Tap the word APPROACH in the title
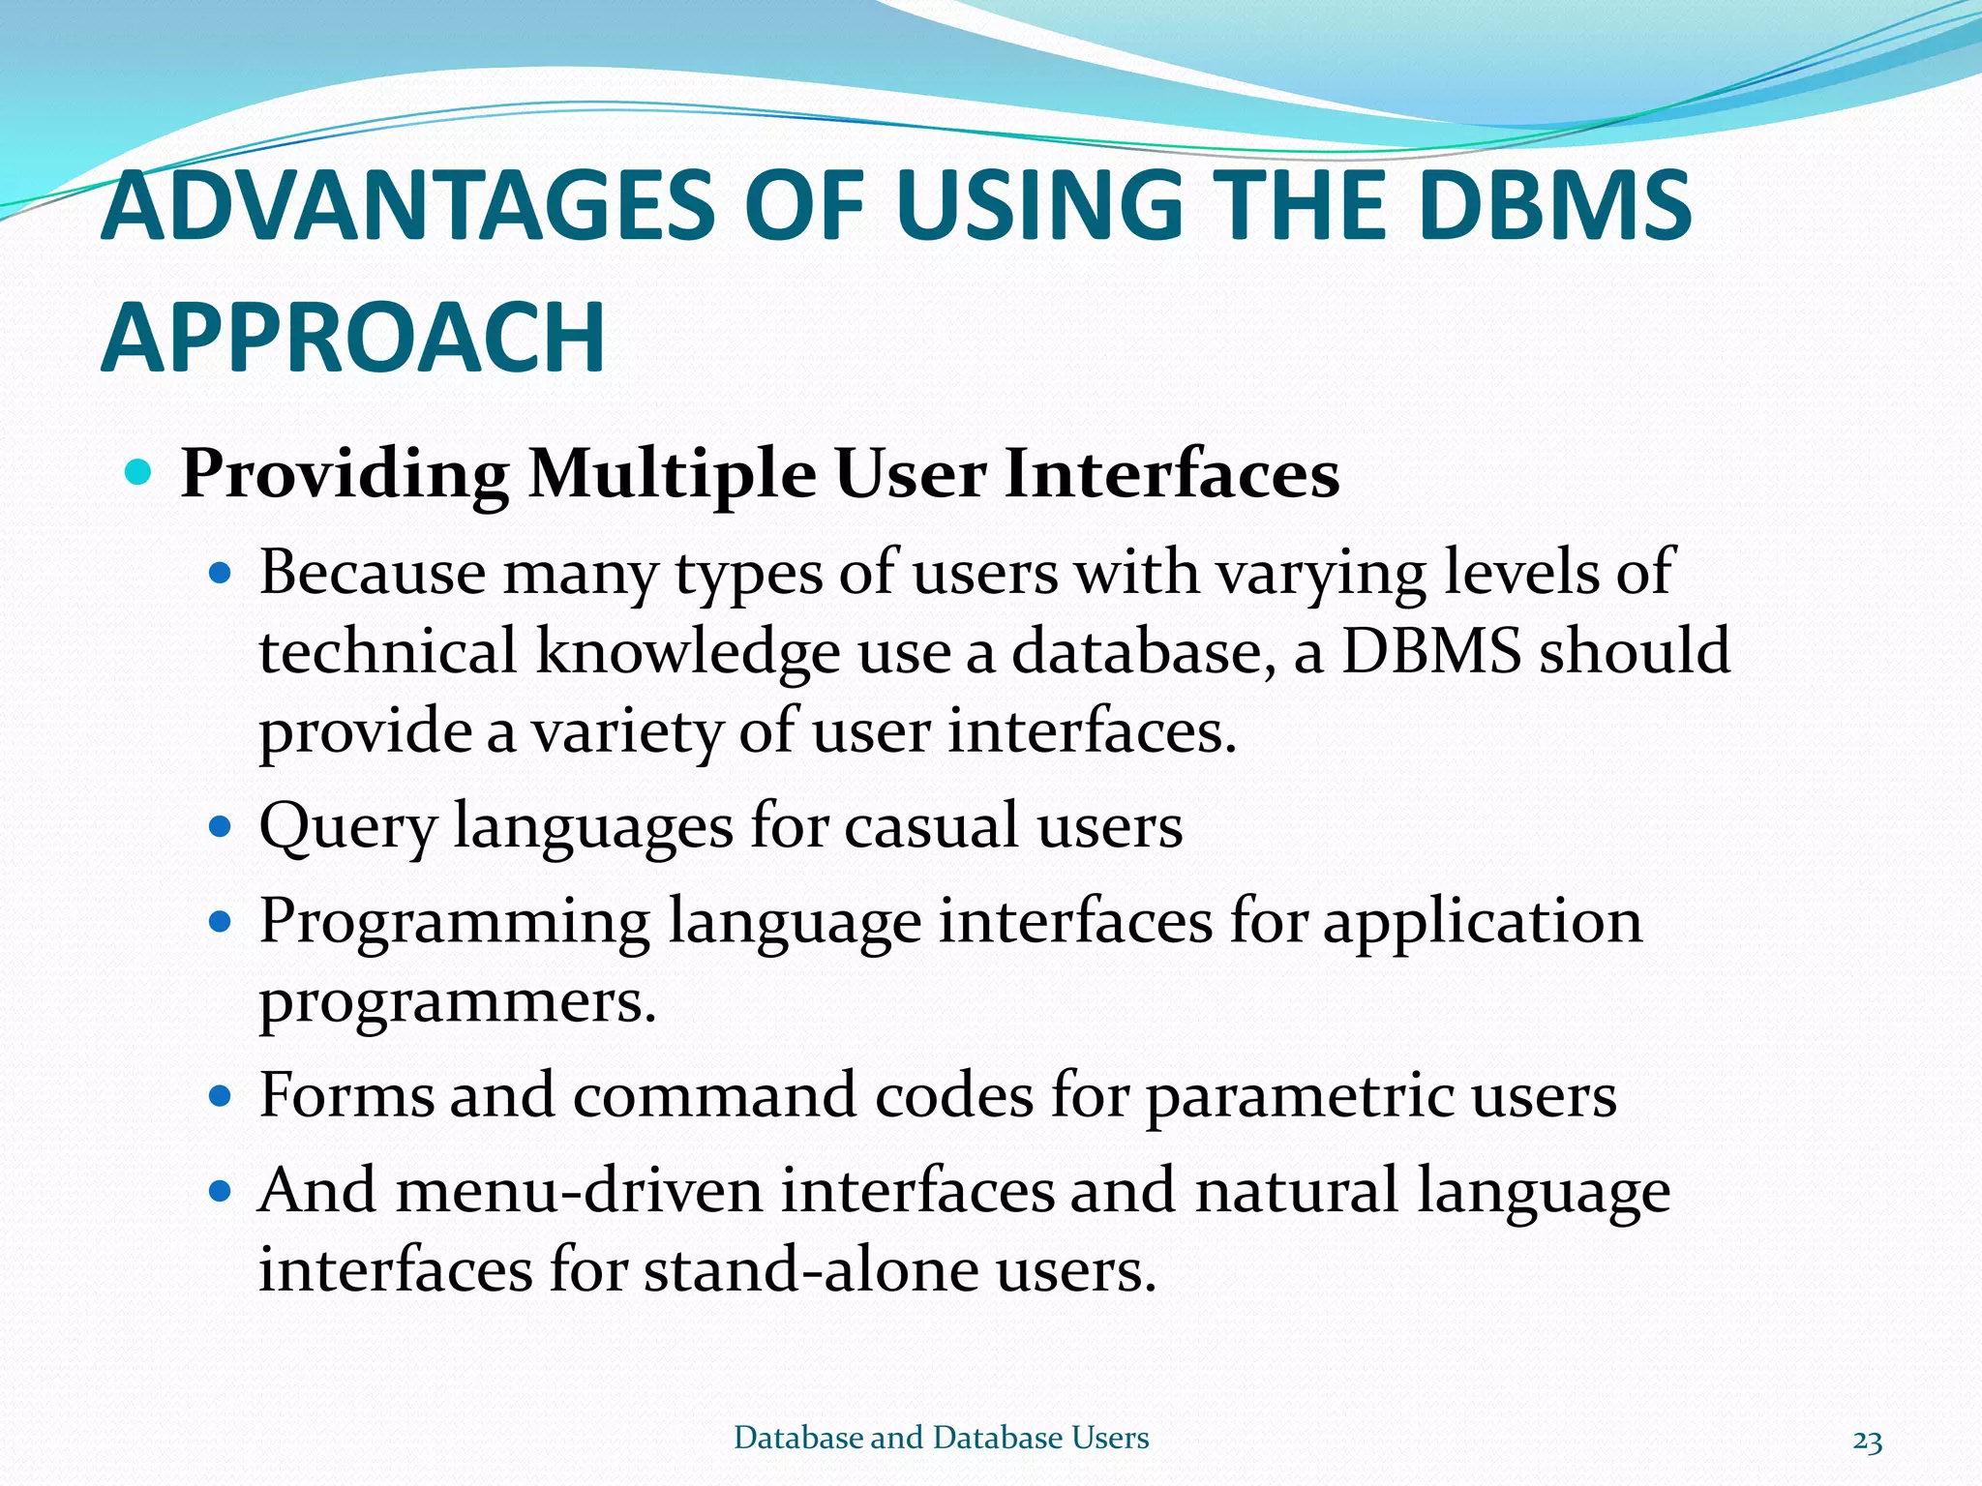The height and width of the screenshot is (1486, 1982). (x=353, y=338)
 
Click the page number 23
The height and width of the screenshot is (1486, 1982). (x=1867, y=1441)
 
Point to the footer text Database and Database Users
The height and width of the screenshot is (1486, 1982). (x=941, y=1438)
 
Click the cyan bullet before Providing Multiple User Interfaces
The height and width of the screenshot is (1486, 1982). (x=139, y=473)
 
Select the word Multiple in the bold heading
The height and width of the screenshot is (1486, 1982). (x=673, y=475)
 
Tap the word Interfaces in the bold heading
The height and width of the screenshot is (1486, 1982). (x=1172, y=475)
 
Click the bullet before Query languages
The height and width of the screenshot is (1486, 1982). (x=221, y=828)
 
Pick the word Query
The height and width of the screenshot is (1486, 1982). (x=347, y=828)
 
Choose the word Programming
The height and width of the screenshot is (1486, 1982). (x=454, y=922)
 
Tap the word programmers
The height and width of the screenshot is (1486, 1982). (x=457, y=1001)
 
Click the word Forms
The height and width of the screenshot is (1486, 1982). (x=345, y=1095)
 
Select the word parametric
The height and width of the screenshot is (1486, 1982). (x=1300, y=1097)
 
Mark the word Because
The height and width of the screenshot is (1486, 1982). (x=372, y=572)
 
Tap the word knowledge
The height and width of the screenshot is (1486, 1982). (x=687, y=652)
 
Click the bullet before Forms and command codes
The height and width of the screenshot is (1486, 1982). (x=221, y=1097)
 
